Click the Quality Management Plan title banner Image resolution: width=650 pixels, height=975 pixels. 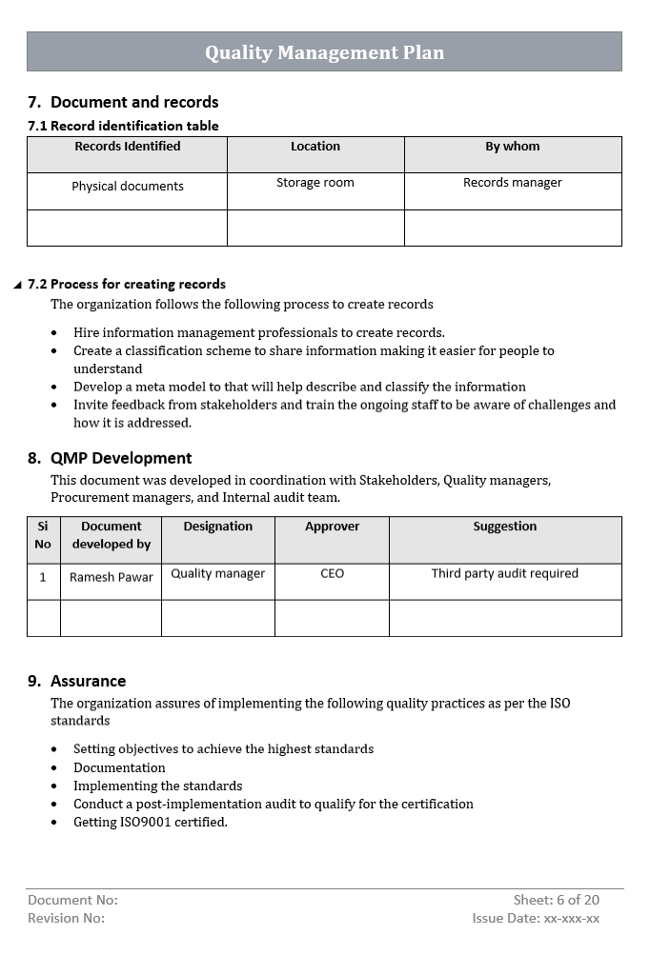click(x=324, y=52)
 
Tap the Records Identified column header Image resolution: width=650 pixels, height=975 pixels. click(x=127, y=147)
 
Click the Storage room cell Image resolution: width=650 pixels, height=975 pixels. click(x=315, y=183)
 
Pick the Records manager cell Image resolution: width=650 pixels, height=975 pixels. click(x=512, y=183)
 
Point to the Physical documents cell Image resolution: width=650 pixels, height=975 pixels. click(x=127, y=187)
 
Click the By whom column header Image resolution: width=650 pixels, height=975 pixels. click(x=512, y=147)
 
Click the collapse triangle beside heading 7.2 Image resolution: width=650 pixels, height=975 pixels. click(x=17, y=285)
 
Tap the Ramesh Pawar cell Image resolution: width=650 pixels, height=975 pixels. click(x=111, y=578)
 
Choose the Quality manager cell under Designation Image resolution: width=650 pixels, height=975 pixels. click(x=217, y=573)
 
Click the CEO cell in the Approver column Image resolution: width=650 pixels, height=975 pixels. click(x=332, y=573)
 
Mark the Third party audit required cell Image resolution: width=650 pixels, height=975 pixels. click(x=504, y=573)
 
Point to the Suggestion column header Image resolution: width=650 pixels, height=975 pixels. click(x=504, y=527)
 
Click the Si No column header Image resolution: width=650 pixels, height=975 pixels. click(x=43, y=535)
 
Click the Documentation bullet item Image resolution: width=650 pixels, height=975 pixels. click(x=119, y=767)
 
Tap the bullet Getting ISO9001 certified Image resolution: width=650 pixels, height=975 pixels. click(x=150, y=822)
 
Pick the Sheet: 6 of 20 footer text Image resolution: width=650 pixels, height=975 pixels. click(x=556, y=900)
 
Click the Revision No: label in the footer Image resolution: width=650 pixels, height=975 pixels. click(x=66, y=918)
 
